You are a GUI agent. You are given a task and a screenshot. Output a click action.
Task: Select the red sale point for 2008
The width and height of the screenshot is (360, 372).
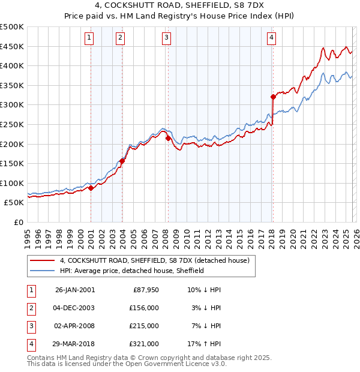pyautogui.click(x=168, y=138)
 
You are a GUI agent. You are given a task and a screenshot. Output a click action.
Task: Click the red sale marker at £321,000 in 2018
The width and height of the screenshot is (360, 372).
pyautogui.click(x=273, y=97)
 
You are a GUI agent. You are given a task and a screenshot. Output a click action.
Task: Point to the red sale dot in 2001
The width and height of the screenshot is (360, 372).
pyautogui.click(x=91, y=188)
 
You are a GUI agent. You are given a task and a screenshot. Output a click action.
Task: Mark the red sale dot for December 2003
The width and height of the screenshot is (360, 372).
pyautogui.click(x=122, y=161)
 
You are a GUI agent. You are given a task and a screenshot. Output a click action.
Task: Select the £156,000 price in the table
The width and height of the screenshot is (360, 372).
pyautogui.click(x=145, y=308)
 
